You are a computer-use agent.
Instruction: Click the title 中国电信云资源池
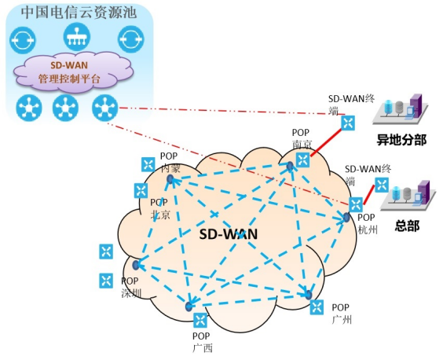[x=79, y=13]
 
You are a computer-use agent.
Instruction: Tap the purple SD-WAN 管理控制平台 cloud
[x=74, y=72]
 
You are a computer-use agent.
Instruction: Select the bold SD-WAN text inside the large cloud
[x=229, y=234]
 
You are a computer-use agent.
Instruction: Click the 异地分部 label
[x=401, y=140]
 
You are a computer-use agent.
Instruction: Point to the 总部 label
[x=407, y=226]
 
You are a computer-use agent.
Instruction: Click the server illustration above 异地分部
[x=401, y=109]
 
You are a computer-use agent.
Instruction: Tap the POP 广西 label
[x=203, y=342]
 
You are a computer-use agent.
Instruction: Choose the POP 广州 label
[x=342, y=314]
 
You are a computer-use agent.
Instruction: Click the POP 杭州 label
[x=368, y=224]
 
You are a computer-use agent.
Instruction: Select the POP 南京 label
[x=301, y=138]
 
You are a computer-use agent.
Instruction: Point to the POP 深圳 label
[x=130, y=287]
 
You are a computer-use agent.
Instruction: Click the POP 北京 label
[x=160, y=208]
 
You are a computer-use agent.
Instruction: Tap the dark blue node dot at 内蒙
[x=170, y=178]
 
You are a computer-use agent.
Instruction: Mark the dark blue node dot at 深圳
[x=136, y=265]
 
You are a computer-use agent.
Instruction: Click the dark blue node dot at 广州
[x=309, y=295]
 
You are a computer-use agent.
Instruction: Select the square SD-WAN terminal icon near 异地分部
[x=348, y=123]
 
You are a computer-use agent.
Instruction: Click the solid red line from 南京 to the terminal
[x=326, y=143]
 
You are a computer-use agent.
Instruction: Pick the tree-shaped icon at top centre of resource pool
[x=76, y=37]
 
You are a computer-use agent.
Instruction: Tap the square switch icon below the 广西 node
[x=200, y=320]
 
